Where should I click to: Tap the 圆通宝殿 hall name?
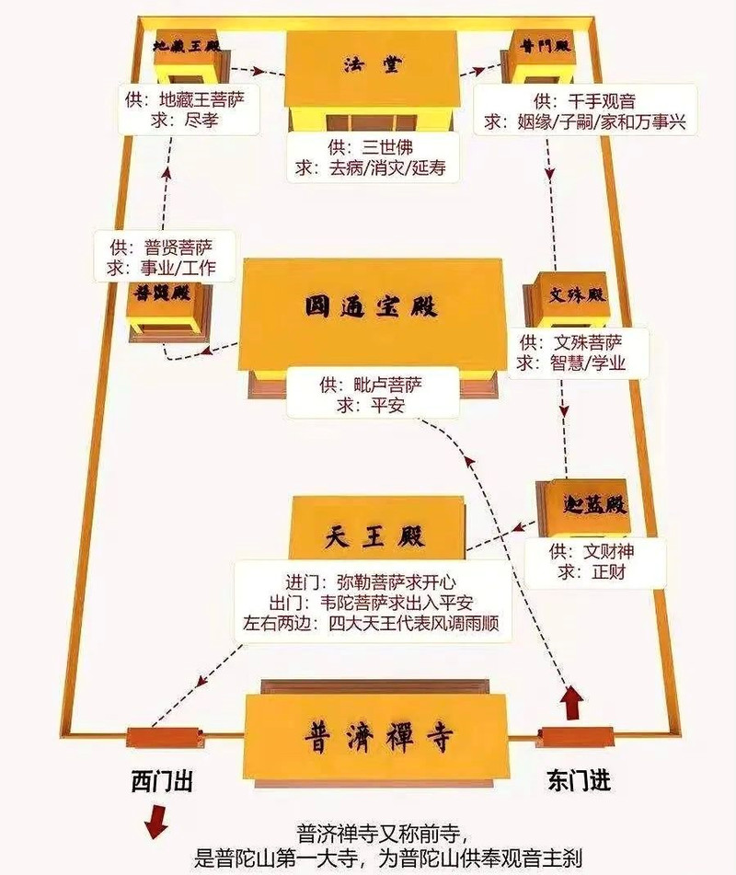point(371,306)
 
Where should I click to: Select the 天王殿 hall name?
point(374,536)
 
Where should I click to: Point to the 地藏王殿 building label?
point(187,46)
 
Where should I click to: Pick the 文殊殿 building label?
point(577,294)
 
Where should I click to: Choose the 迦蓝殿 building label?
point(593,504)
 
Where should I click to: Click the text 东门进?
point(580,779)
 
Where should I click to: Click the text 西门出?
point(162,781)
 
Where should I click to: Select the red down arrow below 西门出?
point(155,821)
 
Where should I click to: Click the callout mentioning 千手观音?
point(585,110)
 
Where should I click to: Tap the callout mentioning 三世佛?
point(373,156)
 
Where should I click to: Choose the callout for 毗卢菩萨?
point(373,394)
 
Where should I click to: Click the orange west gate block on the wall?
point(166,739)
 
